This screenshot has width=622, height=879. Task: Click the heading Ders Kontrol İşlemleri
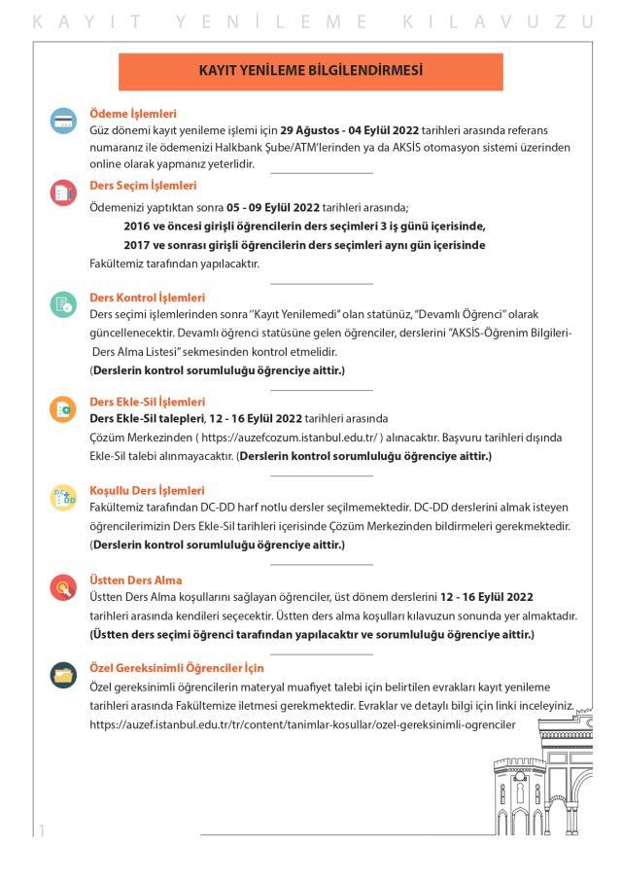coord(147,297)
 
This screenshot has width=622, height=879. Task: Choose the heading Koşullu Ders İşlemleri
coord(147,490)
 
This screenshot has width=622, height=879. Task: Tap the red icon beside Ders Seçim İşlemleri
coord(63,192)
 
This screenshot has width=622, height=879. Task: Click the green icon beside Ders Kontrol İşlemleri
coord(63,304)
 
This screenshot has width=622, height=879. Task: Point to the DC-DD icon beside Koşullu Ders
coord(63,498)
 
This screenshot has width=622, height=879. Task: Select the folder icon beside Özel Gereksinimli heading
coord(63,675)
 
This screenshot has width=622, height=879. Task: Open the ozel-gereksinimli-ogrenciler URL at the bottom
coord(302,725)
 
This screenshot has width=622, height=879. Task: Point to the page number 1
coord(42,829)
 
